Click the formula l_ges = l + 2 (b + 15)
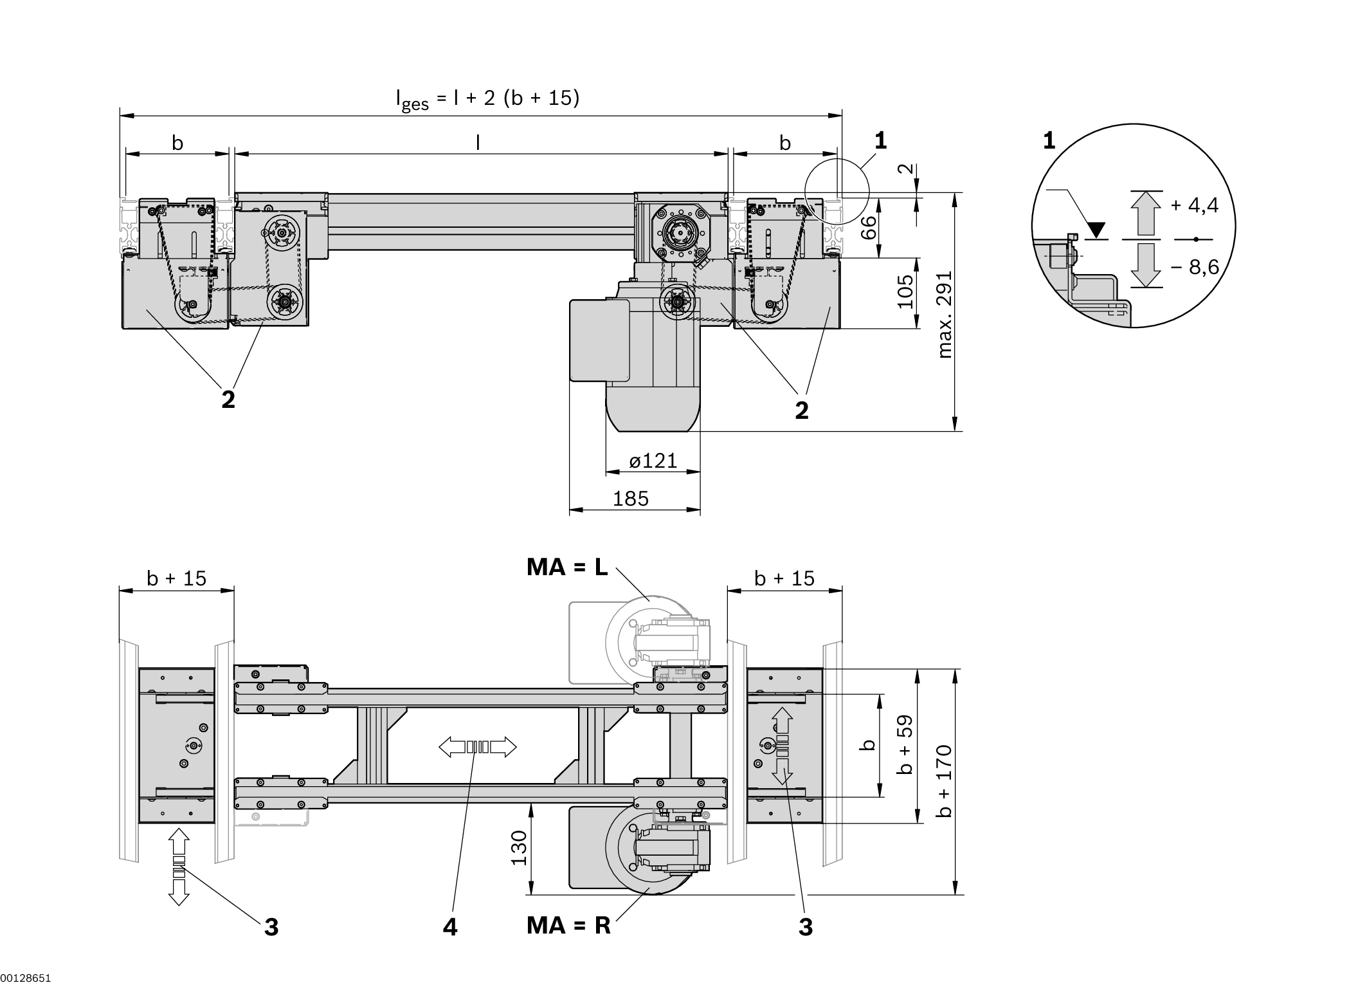click(487, 99)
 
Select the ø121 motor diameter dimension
click(653, 461)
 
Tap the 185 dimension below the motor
click(630, 499)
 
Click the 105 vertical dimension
click(905, 291)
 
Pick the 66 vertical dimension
click(869, 227)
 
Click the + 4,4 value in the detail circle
click(1194, 205)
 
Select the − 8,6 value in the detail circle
click(1194, 266)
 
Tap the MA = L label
click(566, 567)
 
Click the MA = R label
click(568, 925)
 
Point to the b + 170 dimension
click(943, 780)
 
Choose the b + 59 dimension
click(905, 745)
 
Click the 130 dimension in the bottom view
click(519, 847)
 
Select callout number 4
click(449, 927)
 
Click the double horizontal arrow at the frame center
click(477, 747)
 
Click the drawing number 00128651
click(26, 978)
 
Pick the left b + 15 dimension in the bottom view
click(176, 578)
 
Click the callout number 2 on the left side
click(228, 400)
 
